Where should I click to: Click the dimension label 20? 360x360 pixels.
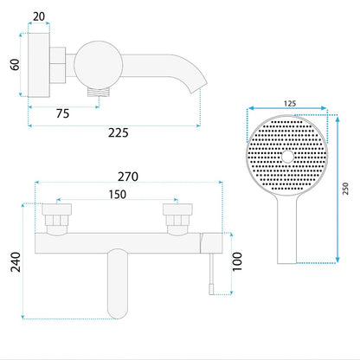pyautogui.click(x=39, y=16)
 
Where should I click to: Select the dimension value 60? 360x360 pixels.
pyautogui.click(x=15, y=64)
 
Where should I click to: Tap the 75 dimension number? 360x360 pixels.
pyautogui.click(x=62, y=113)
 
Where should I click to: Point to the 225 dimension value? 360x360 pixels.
pyautogui.click(x=119, y=132)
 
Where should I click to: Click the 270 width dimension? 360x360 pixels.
pyautogui.click(x=128, y=177)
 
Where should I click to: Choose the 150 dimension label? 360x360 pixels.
pyautogui.click(x=118, y=195)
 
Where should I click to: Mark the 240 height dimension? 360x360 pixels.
pyautogui.click(x=16, y=262)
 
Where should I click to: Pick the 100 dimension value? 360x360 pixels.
pyautogui.click(x=237, y=261)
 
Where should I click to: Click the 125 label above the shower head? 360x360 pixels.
pyautogui.click(x=290, y=103)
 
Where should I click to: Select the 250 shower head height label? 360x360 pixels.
pyautogui.click(x=345, y=189)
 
